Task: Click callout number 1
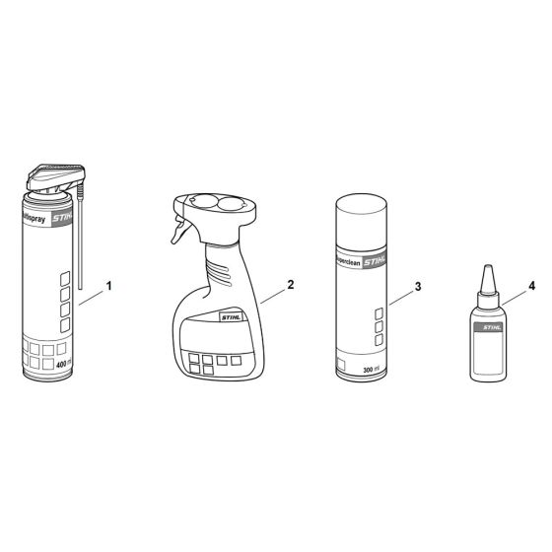108,286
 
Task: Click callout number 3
418,286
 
